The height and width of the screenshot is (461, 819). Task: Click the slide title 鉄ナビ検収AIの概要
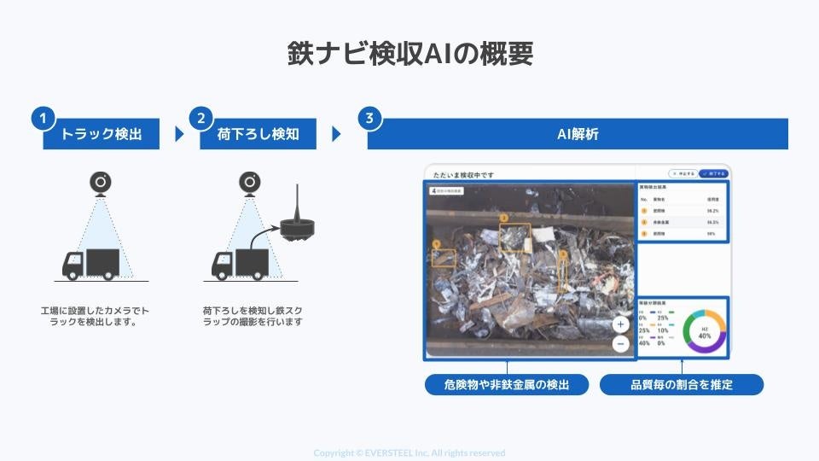click(409, 54)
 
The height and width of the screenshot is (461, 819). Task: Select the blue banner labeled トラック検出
click(101, 135)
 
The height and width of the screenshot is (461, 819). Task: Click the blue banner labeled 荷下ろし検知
click(258, 135)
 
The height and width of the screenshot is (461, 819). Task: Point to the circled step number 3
click(369, 118)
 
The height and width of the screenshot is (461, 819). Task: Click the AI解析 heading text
click(578, 135)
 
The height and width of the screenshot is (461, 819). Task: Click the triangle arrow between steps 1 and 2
click(179, 134)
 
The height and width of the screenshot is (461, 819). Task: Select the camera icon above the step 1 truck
click(101, 184)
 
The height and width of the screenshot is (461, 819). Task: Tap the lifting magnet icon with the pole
click(298, 224)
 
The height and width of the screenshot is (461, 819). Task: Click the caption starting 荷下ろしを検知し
click(252, 317)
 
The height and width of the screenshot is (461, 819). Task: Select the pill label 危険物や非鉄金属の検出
click(507, 385)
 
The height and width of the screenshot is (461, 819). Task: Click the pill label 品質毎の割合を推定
click(681, 385)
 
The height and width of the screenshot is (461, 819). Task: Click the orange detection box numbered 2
click(514, 236)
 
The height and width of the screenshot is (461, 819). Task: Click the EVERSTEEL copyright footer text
click(409, 452)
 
